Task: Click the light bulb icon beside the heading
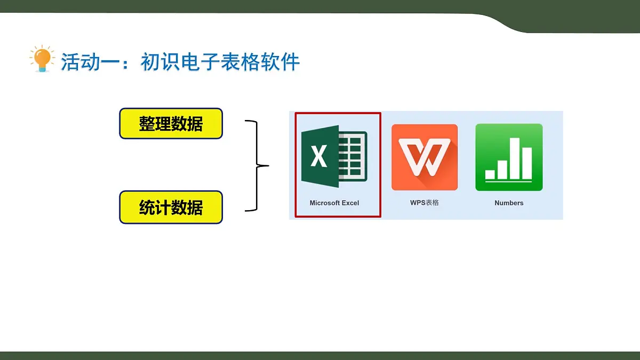(42, 59)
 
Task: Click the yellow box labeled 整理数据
(171, 123)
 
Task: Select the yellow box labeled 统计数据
(171, 207)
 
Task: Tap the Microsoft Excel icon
(334, 156)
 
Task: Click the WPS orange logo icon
(425, 157)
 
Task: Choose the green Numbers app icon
(509, 157)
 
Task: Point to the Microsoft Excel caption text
(334, 203)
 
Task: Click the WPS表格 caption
(425, 203)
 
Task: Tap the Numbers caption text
(509, 203)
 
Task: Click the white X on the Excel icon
(319, 156)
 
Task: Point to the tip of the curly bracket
(269, 165)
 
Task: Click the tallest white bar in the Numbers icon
(515, 158)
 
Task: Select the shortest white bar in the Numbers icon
(490, 174)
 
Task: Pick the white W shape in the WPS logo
(425, 157)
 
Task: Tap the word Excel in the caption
(350, 203)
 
